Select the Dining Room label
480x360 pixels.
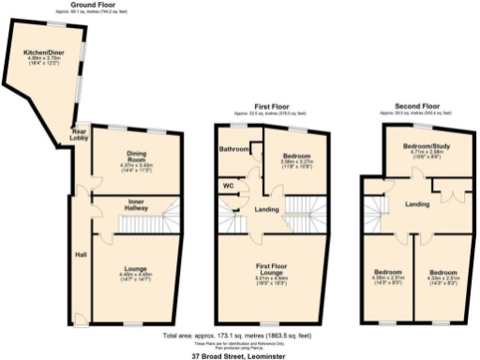pos(118,155)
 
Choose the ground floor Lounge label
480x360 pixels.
pos(135,269)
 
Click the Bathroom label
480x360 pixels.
pos(233,148)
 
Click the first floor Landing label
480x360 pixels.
pos(265,208)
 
